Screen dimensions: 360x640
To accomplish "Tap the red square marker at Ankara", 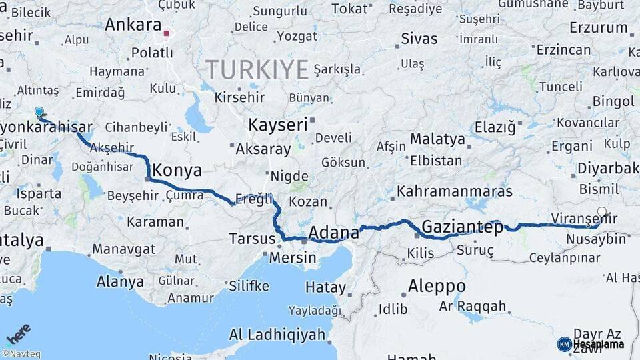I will tap(167, 31).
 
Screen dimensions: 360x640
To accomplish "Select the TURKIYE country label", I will tap(257, 69).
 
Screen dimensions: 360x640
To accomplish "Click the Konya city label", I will tap(177, 170).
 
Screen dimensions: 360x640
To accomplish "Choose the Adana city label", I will tap(334, 233).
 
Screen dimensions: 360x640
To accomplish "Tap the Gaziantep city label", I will tap(463, 227).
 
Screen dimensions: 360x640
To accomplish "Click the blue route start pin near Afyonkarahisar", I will tap(39, 113).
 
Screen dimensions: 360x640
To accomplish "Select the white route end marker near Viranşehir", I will tap(602, 212).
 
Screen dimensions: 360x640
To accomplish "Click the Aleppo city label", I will tap(437, 286).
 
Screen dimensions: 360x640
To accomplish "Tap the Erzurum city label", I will tap(598, 28).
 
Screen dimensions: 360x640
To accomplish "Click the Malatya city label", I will tap(437, 139).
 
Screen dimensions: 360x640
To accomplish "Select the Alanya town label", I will tap(120, 281).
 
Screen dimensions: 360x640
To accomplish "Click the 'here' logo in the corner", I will tap(19, 333).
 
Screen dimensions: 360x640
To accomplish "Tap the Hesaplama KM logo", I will tap(591, 344).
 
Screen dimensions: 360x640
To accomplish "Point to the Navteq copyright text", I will tap(21, 354).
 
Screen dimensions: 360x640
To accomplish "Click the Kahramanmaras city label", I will tap(455, 191).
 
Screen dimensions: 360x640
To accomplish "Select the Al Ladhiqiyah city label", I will tap(277, 334).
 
